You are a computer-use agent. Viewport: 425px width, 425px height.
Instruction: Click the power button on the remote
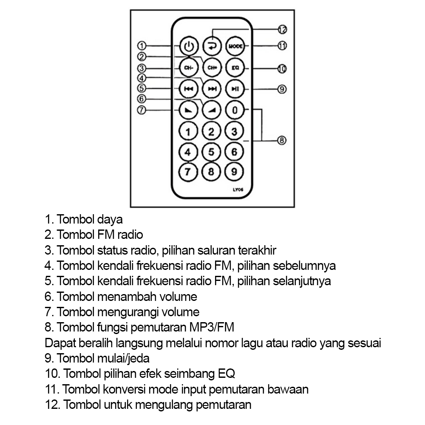(189, 46)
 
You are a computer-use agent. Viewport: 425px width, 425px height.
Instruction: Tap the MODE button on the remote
(235, 46)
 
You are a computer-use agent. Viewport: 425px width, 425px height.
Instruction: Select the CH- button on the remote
(189, 68)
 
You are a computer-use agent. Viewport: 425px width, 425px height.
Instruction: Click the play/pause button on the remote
(235, 89)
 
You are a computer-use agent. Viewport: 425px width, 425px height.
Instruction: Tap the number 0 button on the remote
(235, 110)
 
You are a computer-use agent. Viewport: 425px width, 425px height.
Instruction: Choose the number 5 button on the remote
(211, 152)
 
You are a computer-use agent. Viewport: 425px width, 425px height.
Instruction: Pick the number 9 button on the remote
(234, 172)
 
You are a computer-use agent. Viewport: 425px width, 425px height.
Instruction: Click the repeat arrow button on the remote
(212, 46)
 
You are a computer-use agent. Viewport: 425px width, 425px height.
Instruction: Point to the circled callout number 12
(282, 29)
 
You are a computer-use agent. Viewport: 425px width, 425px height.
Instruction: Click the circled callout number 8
(282, 140)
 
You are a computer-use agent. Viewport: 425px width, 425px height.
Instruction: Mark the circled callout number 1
(142, 45)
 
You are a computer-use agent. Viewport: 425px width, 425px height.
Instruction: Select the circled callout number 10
(282, 69)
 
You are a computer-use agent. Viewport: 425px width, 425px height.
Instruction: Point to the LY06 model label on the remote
(238, 190)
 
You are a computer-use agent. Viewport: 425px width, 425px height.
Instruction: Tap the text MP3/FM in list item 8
(212, 327)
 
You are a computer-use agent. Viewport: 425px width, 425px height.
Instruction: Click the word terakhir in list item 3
(257, 250)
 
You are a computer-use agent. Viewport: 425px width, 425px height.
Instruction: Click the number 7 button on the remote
(188, 172)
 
